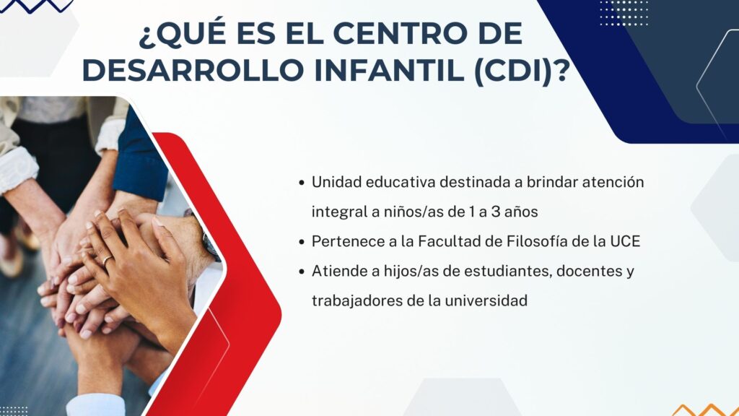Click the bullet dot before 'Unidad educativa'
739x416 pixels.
click(302, 183)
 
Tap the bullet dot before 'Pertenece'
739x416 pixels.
click(302, 242)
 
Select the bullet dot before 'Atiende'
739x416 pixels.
click(302, 272)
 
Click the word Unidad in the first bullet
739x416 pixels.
click(336, 181)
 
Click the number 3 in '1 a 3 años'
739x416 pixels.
click(495, 212)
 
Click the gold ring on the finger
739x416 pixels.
click(108, 260)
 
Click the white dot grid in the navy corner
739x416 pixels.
click(624, 13)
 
